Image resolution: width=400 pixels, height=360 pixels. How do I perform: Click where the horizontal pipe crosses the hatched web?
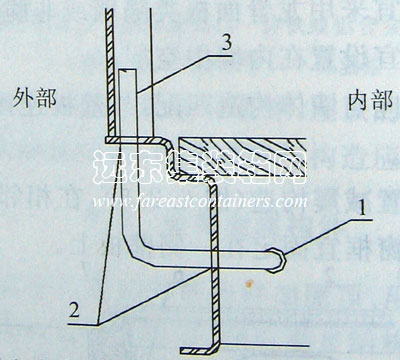click(x=213, y=255)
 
